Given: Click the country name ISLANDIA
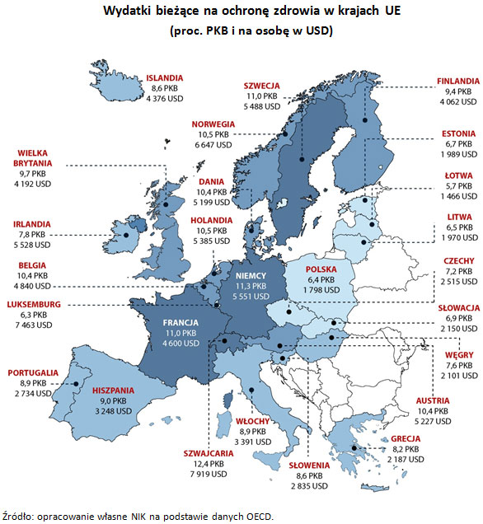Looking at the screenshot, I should point(165,77).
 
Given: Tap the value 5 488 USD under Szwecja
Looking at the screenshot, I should point(262,106).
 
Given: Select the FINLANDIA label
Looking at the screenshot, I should point(457,82).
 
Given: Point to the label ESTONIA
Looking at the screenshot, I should point(458,133).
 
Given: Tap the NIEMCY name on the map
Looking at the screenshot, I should point(250,275).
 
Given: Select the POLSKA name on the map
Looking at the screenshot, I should point(321,269).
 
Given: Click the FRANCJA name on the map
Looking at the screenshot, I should point(182,323).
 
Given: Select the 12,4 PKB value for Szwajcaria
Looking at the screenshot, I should point(207,464).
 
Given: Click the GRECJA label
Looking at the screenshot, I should point(406,438).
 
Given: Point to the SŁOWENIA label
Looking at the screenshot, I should point(309,466).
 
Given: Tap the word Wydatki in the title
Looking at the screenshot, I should point(129,12).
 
